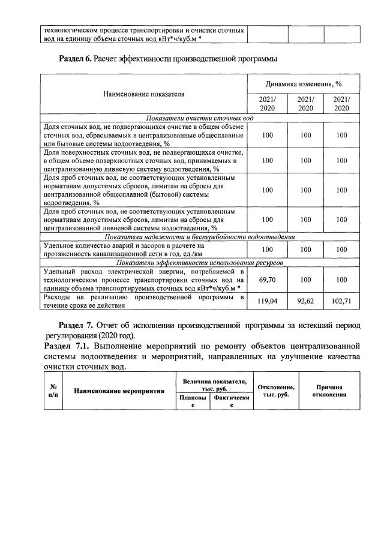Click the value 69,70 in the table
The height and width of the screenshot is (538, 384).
pyautogui.click(x=267, y=280)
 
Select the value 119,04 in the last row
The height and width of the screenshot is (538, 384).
pyautogui.click(x=267, y=301)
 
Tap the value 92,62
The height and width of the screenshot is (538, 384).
pyautogui.click(x=305, y=301)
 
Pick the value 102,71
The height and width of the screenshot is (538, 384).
pyautogui.click(x=341, y=301)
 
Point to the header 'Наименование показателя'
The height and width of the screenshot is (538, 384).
pyautogui.click(x=143, y=94)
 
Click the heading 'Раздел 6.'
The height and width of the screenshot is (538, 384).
pyautogui.click(x=77, y=59)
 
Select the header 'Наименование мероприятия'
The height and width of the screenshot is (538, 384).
pyautogui.click(x=119, y=391)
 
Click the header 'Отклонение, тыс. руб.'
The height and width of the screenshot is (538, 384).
pyautogui.click(x=275, y=391)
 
